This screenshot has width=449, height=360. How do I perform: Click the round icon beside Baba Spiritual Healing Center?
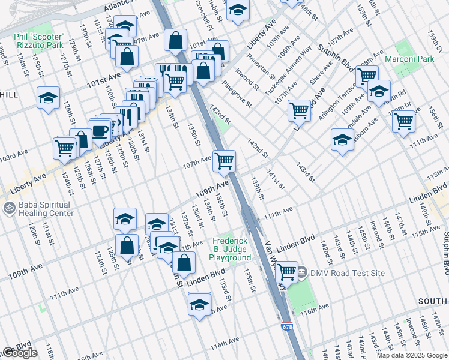click(8, 209)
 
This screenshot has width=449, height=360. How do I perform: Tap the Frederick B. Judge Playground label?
click(230, 247)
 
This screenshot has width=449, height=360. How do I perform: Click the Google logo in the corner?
click(20, 353)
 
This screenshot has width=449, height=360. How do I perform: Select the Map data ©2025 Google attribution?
click(411, 355)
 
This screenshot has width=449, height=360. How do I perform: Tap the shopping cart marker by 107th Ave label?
click(224, 160)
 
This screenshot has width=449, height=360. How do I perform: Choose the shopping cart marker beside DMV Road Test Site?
click(287, 271)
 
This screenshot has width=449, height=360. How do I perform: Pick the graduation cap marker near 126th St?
click(48, 97)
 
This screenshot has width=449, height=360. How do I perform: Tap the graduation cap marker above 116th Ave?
click(199, 304)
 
